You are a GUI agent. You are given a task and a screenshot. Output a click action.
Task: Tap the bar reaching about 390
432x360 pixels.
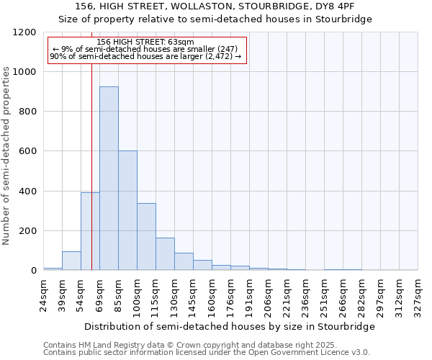click(90, 231)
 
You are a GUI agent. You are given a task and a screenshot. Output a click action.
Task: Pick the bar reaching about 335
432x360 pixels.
click(146, 237)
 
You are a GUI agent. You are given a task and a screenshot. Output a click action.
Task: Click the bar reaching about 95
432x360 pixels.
click(71, 261)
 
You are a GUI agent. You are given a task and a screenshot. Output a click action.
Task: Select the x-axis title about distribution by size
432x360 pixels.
click(230, 326)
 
